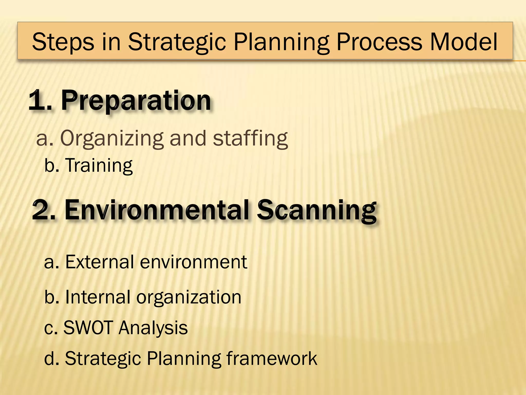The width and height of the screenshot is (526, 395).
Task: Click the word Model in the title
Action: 464,42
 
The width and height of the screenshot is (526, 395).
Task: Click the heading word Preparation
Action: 136,101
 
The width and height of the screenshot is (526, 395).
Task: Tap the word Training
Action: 99,165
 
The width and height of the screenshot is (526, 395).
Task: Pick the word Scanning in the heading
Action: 317,211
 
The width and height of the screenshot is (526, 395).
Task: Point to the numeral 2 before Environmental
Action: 41,211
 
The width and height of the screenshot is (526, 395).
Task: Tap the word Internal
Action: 98,297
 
